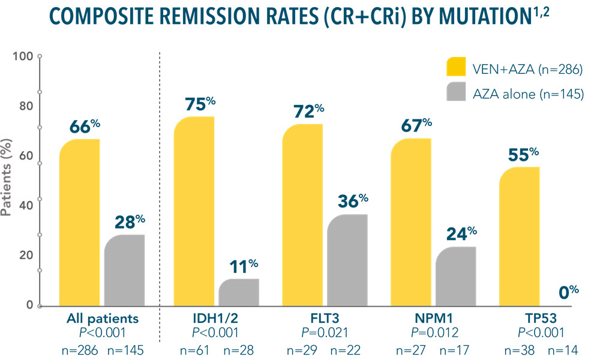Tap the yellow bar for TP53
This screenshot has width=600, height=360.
[x=520, y=236]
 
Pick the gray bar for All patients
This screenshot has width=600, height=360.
[x=124, y=270]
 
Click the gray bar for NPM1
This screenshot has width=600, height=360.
[x=455, y=276]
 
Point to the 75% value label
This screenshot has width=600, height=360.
[x=193, y=104]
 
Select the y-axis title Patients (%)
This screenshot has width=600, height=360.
[x=8, y=180]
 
